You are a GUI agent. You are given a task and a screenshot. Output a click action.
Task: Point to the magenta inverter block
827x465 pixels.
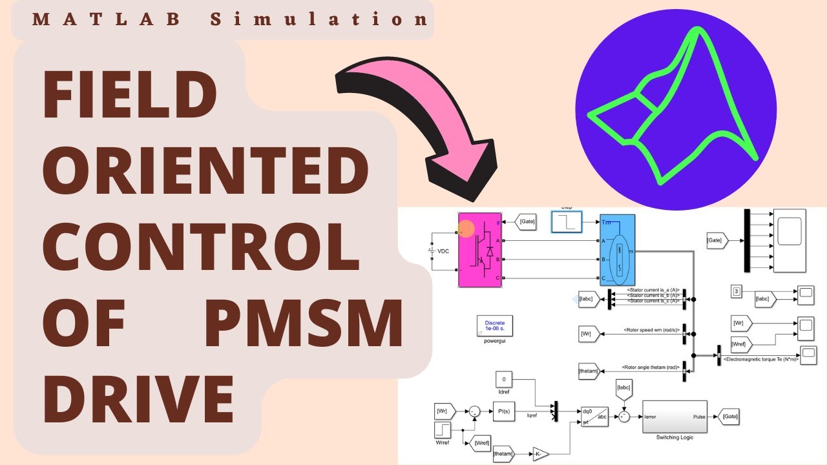[480, 250]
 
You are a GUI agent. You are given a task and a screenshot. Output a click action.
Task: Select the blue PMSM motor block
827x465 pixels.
[617, 250]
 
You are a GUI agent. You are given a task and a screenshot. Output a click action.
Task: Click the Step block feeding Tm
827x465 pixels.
[566, 222]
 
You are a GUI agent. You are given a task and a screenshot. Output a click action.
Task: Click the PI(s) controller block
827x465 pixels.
[503, 410]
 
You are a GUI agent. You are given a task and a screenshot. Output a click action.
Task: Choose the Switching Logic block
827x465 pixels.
[673, 417]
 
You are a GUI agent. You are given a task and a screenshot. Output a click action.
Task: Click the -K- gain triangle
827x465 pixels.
[540, 455]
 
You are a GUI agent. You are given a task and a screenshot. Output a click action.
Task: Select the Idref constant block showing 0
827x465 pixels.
[504, 379]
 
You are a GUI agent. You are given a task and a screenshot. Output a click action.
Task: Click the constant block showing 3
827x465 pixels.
[737, 292]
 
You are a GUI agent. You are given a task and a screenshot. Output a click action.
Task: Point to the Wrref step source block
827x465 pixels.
[442, 432]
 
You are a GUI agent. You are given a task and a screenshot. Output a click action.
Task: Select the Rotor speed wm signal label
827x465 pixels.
[651, 330]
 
